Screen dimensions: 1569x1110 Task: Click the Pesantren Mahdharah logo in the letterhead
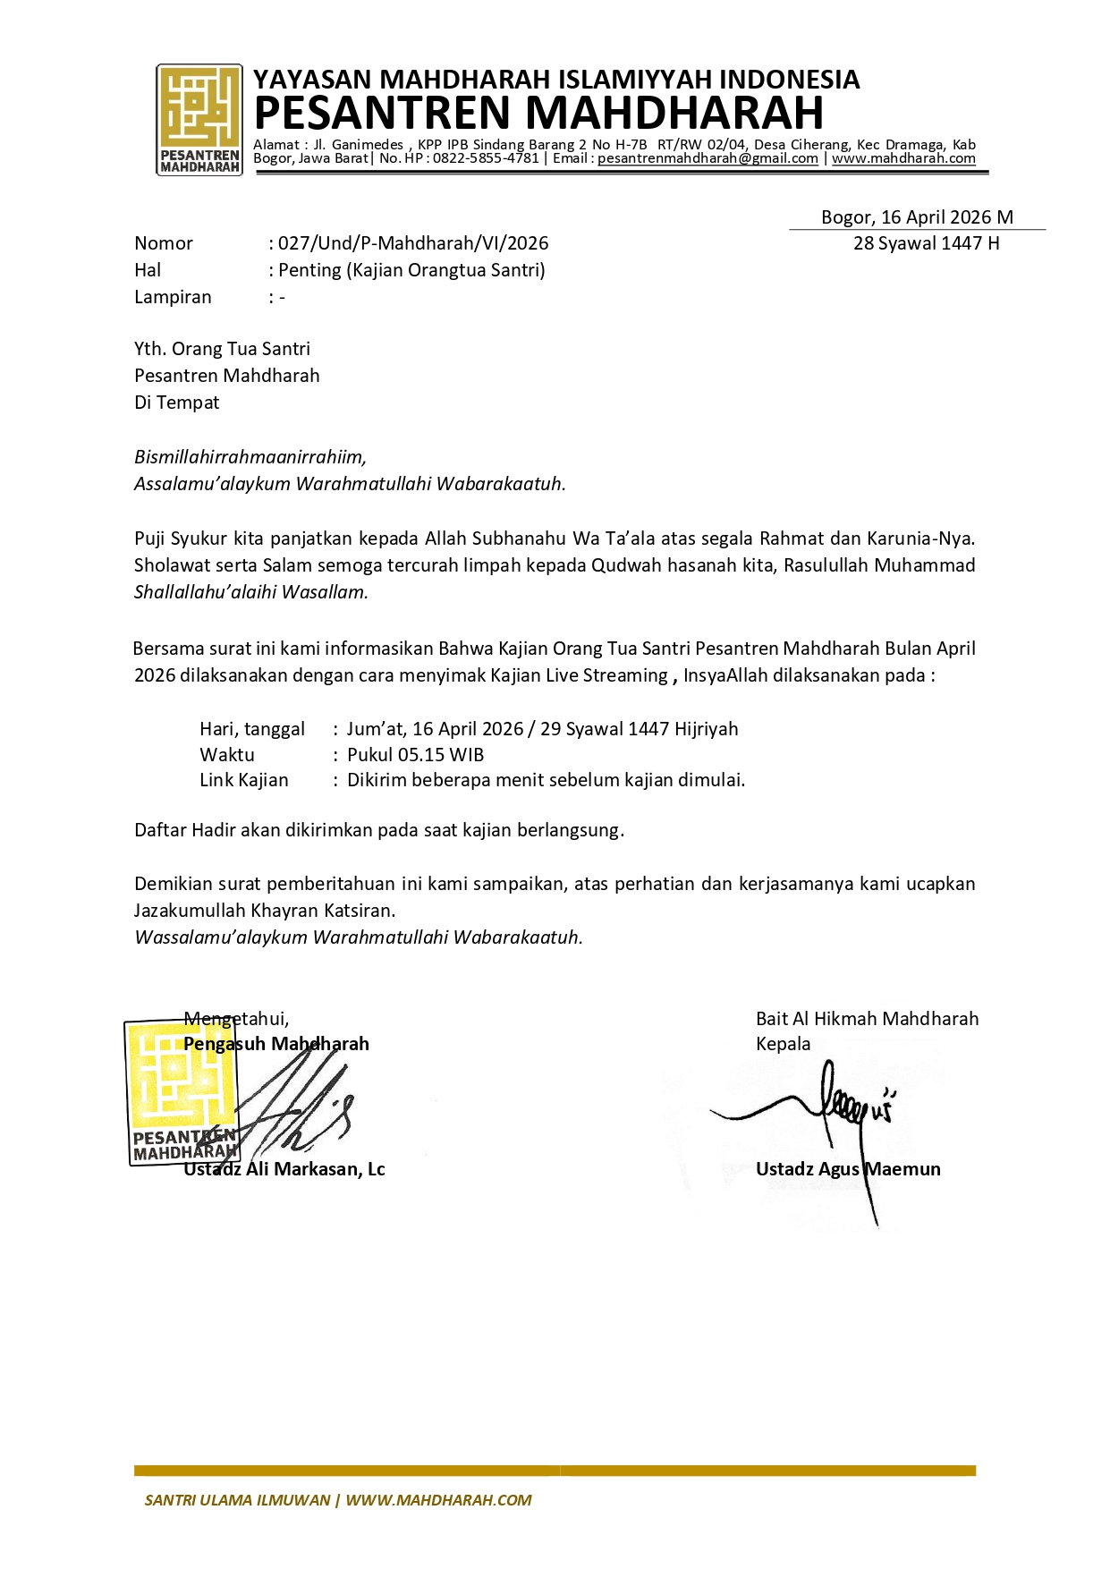(x=199, y=119)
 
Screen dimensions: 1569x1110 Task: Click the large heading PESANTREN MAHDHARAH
(x=538, y=114)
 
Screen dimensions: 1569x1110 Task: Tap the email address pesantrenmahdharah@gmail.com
(x=708, y=158)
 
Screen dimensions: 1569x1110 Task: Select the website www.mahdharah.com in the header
(x=903, y=158)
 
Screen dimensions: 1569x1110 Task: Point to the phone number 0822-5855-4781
(x=486, y=158)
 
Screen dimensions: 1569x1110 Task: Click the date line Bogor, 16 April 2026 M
(x=917, y=217)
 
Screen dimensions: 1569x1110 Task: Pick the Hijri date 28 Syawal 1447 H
(x=926, y=243)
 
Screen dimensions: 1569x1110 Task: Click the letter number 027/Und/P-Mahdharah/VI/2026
(x=413, y=243)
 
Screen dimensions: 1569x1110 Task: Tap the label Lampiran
(x=173, y=297)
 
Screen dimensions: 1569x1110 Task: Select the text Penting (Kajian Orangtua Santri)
(x=411, y=270)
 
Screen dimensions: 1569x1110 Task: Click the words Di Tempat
(x=176, y=403)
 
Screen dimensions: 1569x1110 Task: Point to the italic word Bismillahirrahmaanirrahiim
(x=250, y=457)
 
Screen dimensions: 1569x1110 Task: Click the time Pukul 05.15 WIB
(x=415, y=755)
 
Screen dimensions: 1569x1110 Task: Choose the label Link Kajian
(x=243, y=780)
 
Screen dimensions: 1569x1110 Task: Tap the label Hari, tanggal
(x=251, y=729)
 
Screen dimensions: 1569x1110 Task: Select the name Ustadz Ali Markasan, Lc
(x=284, y=1169)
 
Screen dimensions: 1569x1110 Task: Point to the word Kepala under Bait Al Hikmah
(x=783, y=1044)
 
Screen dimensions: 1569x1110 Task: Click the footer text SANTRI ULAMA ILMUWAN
(x=237, y=1500)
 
